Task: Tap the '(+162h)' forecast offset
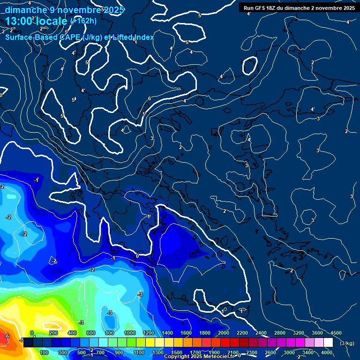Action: coord(83,21)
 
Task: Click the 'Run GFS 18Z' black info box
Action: coord(299,8)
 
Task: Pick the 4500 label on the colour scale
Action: coord(336,333)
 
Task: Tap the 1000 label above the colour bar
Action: coord(130,333)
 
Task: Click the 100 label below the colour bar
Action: coord(44,352)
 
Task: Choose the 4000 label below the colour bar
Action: coord(327,352)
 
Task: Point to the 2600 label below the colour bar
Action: coord(270,352)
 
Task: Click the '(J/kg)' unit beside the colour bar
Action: coord(347,344)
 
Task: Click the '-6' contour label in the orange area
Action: coord(7,336)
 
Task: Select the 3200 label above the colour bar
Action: coord(299,333)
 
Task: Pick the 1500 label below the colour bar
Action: coord(176,352)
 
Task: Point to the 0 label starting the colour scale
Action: coord(32,333)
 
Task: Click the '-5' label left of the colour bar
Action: coord(21,340)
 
